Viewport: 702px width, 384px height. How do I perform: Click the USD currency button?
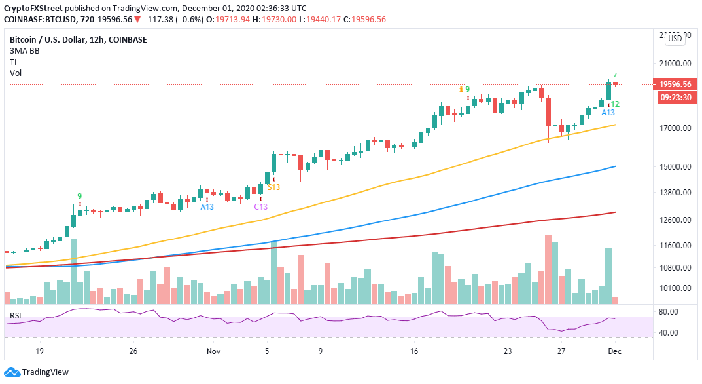(675, 39)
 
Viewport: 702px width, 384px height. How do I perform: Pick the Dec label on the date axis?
(615, 351)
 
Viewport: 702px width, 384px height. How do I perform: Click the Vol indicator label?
(15, 73)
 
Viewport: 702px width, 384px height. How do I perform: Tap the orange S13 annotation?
(273, 187)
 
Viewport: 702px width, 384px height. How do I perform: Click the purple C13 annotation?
(260, 207)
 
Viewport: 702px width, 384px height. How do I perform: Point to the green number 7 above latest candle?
(615, 75)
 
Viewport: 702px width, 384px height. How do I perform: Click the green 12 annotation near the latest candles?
(615, 104)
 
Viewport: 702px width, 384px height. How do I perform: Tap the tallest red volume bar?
(548, 269)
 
